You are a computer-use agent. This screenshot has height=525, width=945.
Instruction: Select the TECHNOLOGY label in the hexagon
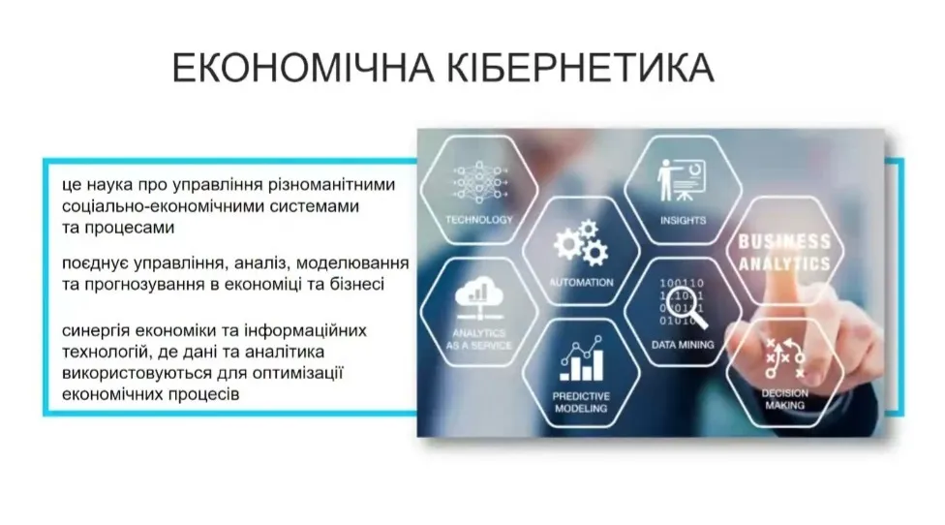tap(479, 220)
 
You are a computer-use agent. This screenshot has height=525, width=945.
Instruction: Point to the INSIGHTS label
tap(684, 220)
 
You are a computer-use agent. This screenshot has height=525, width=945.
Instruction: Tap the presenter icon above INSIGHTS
tap(683, 179)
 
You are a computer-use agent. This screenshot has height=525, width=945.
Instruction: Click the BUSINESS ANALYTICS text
tap(784, 252)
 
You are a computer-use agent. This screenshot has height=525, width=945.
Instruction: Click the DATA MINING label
tap(683, 344)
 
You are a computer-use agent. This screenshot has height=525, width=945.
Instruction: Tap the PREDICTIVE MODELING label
tap(581, 402)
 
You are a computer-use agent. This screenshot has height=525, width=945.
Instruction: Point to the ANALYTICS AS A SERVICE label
tap(479, 338)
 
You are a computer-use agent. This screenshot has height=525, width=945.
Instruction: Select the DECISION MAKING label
tap(784, 399)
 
